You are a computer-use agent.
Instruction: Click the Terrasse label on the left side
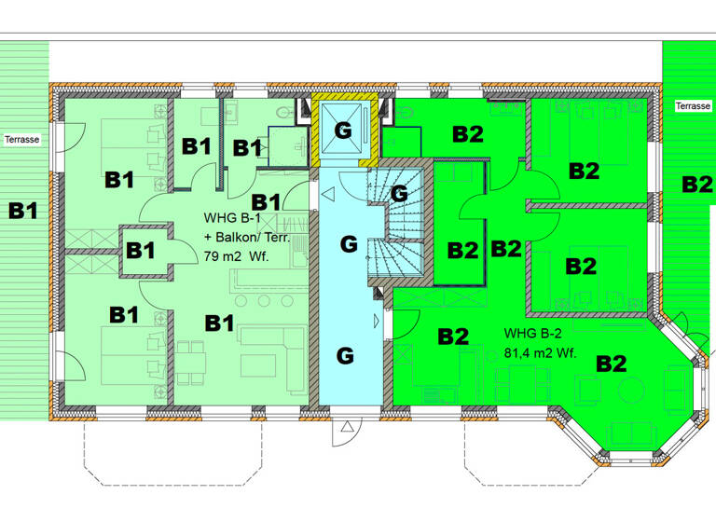[21, 139]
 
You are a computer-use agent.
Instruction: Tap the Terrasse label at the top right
[693, 106]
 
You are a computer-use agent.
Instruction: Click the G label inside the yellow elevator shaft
[343, 130]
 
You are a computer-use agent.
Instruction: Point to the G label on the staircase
[399, 194]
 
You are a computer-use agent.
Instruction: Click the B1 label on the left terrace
[23, 211]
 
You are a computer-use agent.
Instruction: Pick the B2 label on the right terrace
[696, 185]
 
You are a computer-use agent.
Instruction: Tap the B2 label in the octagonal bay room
[612, 364]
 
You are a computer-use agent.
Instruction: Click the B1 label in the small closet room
[141, 250]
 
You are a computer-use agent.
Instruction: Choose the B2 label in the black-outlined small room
[462, 251]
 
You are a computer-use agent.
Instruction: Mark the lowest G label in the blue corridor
[345, 355]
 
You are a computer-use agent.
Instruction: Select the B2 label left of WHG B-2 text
[452, 337]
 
